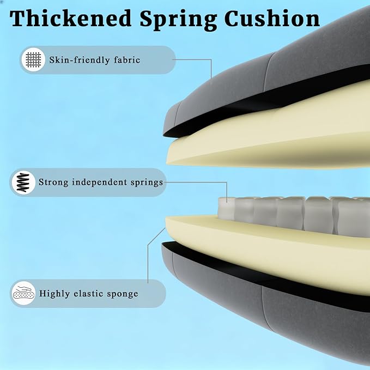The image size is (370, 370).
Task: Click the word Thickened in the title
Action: [x=70, y=19]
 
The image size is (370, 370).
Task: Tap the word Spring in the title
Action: [x=178, y=20]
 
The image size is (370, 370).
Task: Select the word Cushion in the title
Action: [x=272, y=19]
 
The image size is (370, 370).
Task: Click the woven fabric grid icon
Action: [x=33, y=60]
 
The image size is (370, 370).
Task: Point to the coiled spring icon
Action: [x=23, y=183]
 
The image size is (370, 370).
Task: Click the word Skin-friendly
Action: [x=80, y=60]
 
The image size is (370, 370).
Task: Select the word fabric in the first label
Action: [x=127, y=60]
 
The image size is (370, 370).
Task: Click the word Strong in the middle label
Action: [x=53, y=183]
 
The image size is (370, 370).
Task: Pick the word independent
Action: [x=99, y=182]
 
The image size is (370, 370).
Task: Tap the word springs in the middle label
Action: [x=147, y=183]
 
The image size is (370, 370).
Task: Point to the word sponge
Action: [x=123, y=294]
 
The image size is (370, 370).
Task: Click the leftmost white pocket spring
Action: [x=226, y=208]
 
